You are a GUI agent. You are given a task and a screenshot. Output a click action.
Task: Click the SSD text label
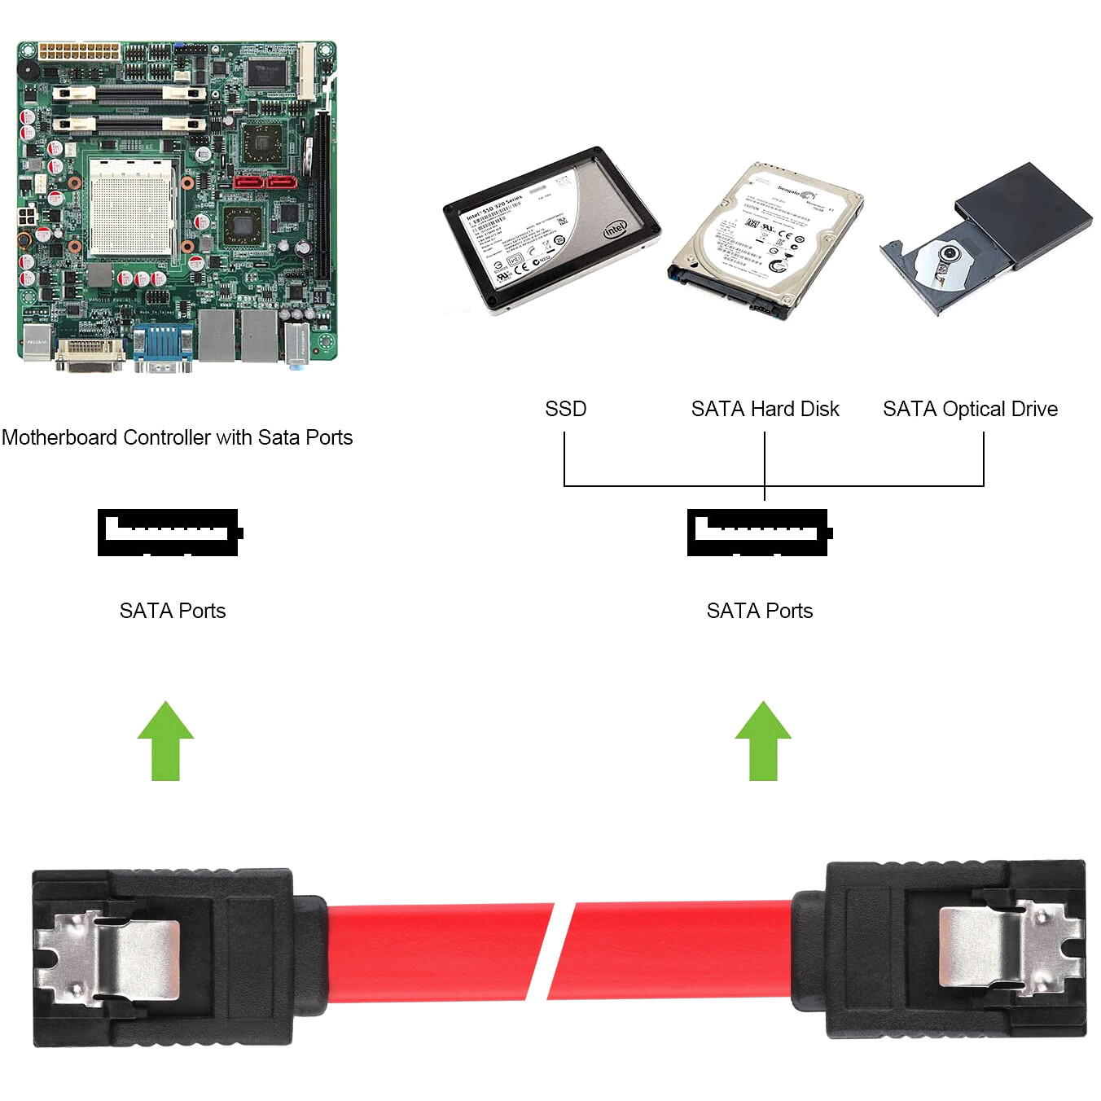pyautogui.click(x=565, y=409)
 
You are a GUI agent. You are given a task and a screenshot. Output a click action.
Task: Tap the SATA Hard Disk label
pyautogui.click(x=765, y=409)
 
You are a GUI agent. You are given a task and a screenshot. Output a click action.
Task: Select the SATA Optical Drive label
pyautogui.click(x=970, y=409)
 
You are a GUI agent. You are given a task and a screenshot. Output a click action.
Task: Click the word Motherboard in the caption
pyautogui.click(x=59, y=437)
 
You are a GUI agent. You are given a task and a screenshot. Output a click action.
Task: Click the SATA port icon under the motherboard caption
pyautogui.click(x=169, y=533)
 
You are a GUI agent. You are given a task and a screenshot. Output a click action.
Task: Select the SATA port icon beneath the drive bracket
pyautogui.click(x=758, y=533)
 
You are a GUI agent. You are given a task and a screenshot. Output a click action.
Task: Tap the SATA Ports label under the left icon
pyautogui.click(x=173, y=611)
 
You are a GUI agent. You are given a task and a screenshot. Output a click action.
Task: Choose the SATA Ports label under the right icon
pyautogui.click(x=760, y=611)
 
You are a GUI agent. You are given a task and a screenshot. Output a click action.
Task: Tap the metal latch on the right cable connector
pyautogui.click(x=1010, y=947)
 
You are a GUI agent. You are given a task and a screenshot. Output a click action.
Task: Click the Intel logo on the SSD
pyautogui.click(x=614, y=229)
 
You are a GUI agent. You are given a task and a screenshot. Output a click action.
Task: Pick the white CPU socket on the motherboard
pyautogui.click(x=130, y=208)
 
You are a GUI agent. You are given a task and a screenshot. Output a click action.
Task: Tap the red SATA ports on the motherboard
pyautogui.click(x=265, y=181)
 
